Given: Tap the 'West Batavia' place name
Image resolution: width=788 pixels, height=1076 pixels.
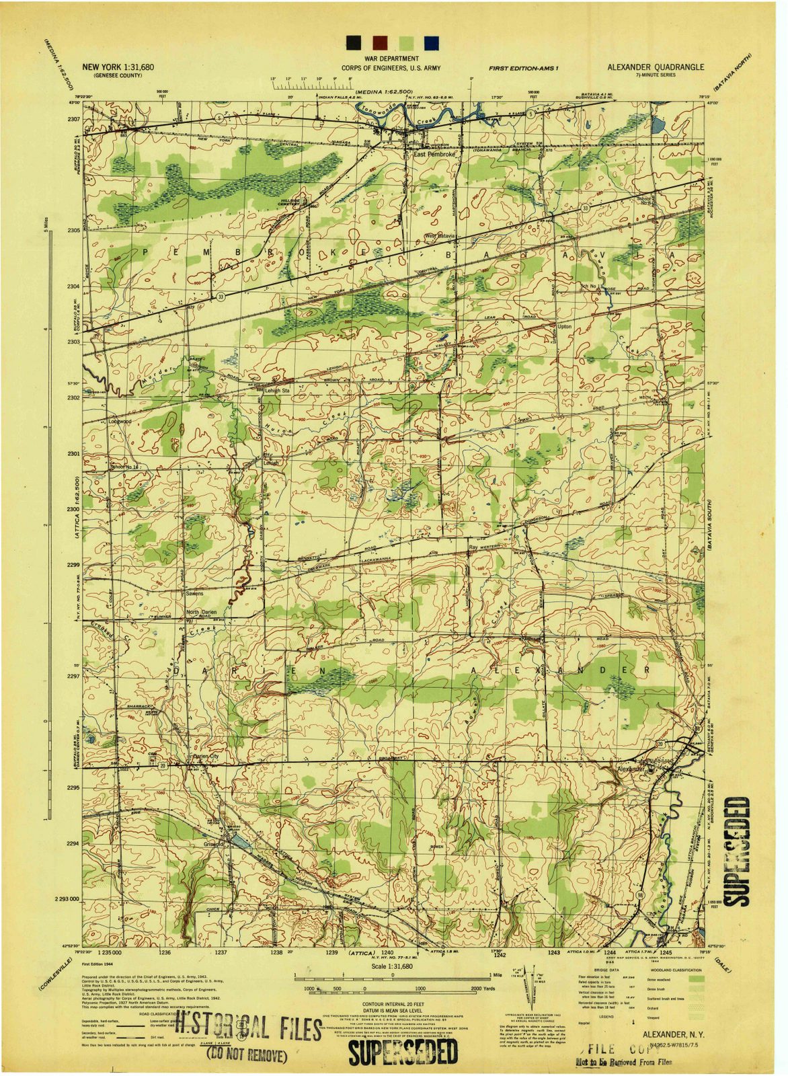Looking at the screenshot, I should coord(440,236).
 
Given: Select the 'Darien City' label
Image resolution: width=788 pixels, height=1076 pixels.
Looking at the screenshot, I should coord(206,757).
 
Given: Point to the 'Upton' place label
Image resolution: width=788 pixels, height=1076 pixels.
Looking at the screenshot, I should coord(564,326).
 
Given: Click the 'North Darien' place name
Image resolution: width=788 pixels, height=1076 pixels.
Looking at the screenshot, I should coord(202,612).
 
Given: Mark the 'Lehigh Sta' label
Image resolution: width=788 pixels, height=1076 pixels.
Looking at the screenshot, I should coord(276,390).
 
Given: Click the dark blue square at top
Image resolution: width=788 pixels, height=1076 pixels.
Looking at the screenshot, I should coord(430,42).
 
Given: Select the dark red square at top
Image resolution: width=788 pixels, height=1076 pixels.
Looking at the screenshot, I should coord(380,42).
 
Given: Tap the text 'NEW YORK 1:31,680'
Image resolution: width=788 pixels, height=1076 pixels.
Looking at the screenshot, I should coord(118,67).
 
